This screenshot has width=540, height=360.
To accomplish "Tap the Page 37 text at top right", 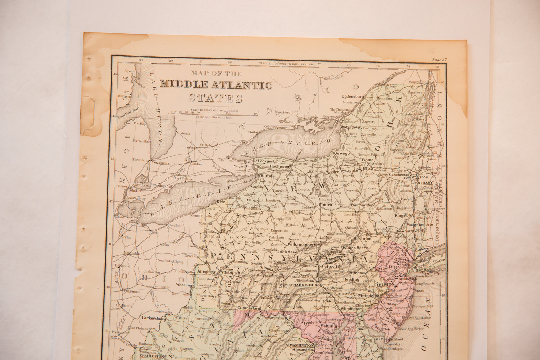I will (x=439, y=60).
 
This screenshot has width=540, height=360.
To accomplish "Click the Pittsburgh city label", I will (x=230, y=272).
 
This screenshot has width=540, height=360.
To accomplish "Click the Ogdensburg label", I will (x=353, y=96).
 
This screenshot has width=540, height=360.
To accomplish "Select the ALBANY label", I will (x=425, y=183).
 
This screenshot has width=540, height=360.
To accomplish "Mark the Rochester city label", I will (x=280, y=167).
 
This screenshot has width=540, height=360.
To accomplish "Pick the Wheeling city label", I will (x=184, y=285).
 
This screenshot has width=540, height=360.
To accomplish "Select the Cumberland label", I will (x=249, y=308).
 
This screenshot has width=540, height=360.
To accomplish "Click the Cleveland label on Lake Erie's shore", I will (x=175, y=226).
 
